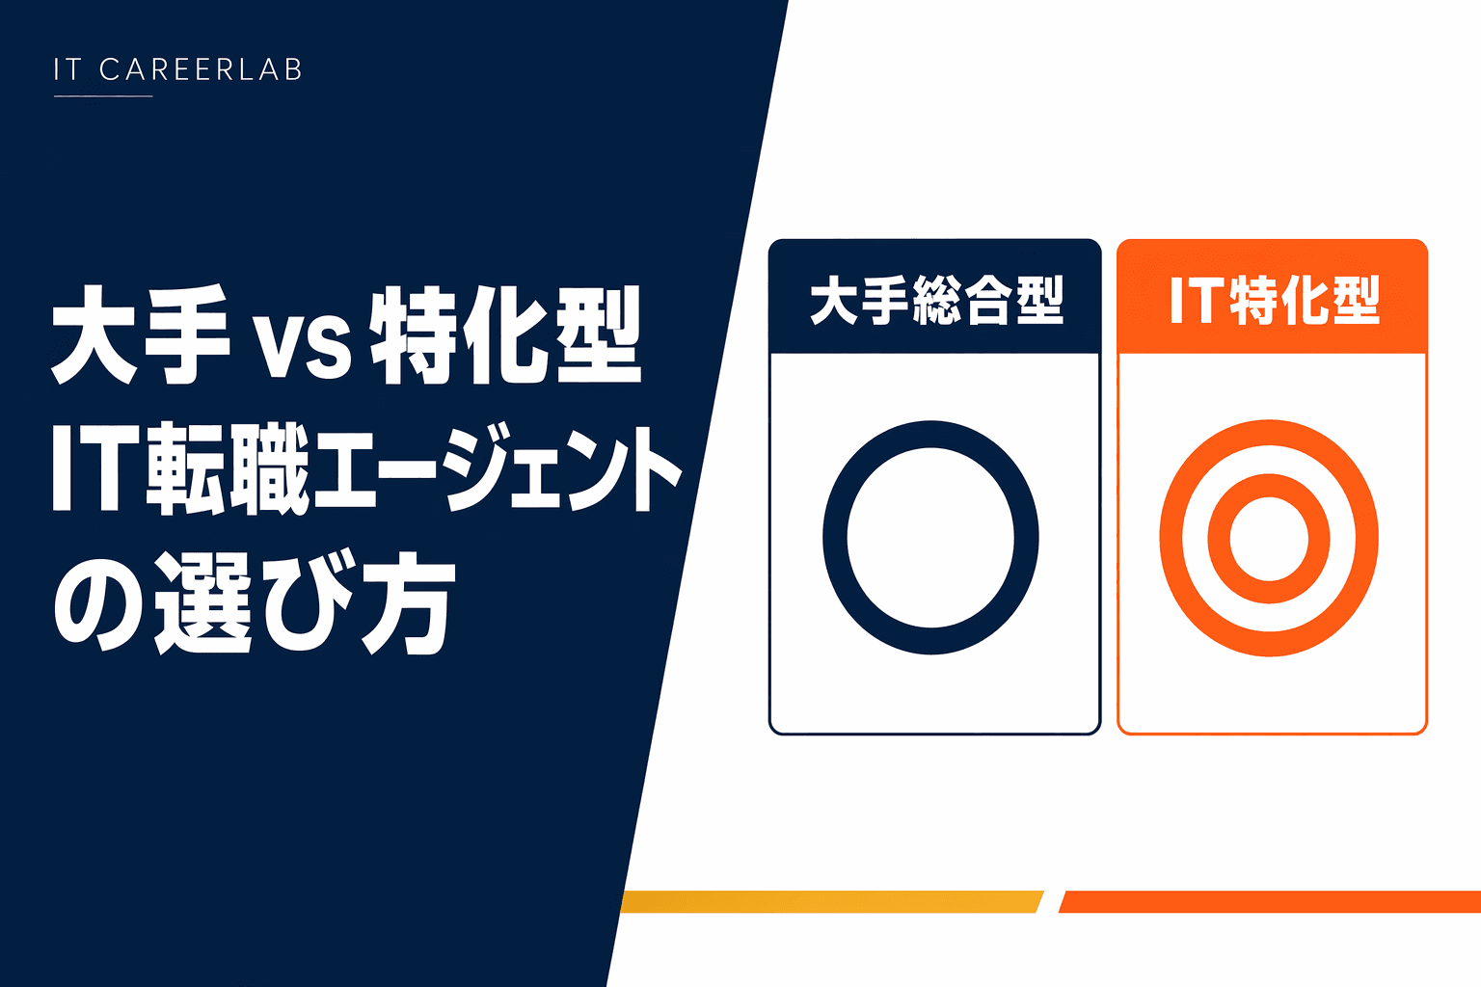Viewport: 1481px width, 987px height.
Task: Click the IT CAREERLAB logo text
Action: [x=178, y=69]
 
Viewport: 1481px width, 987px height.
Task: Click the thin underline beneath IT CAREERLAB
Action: [x=103, y=96]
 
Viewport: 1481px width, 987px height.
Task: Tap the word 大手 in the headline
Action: [x=140, y=334]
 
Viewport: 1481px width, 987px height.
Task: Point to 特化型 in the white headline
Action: [x=505, y=334]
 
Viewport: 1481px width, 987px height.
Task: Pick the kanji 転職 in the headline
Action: [x=229, y=469]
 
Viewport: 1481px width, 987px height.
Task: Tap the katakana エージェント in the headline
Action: [x=497, y=469]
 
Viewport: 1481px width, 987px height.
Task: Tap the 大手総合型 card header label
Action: [x=935, y=300]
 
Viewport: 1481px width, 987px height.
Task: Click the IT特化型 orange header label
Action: [x=1273, y=300]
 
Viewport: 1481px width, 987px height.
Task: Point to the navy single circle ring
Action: [x=835, y=538]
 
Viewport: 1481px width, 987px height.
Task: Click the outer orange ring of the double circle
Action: [x=1171, y=538]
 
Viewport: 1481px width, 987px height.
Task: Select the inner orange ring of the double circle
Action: [x=1220, y=538]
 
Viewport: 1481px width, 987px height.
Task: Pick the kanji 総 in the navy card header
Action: [x=935, y=300]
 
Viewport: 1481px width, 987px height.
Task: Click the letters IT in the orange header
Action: [x=1196, y=300]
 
